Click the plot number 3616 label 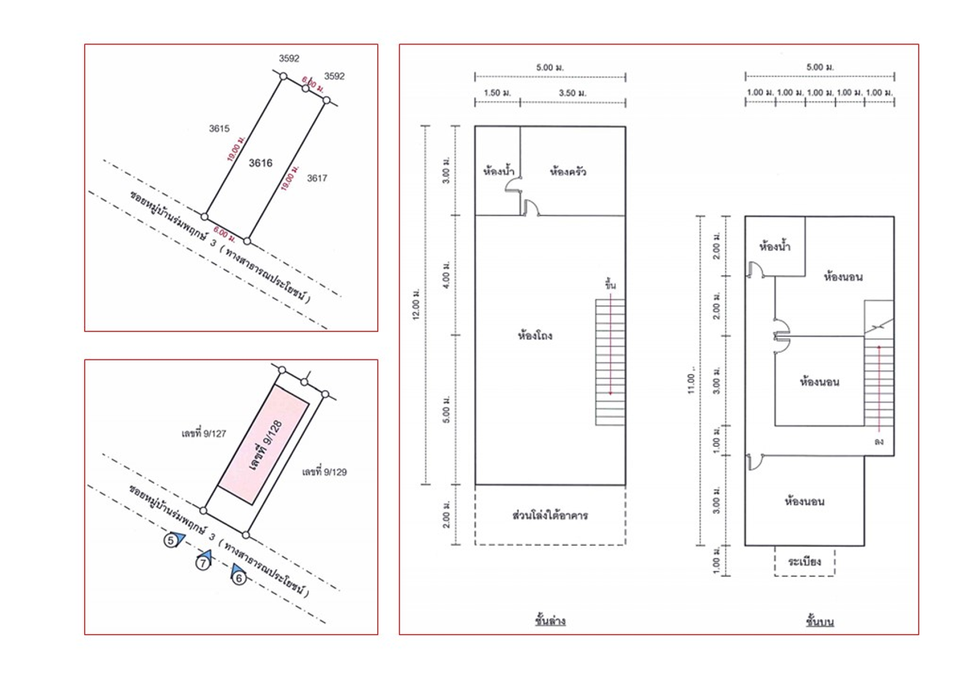[260, 163]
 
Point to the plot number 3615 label [219, 129]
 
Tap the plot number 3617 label [317, 178]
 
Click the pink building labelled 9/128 [264, 445]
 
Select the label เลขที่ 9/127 [204, 433]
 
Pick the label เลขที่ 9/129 [324, 472]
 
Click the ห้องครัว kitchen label [568, 171]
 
